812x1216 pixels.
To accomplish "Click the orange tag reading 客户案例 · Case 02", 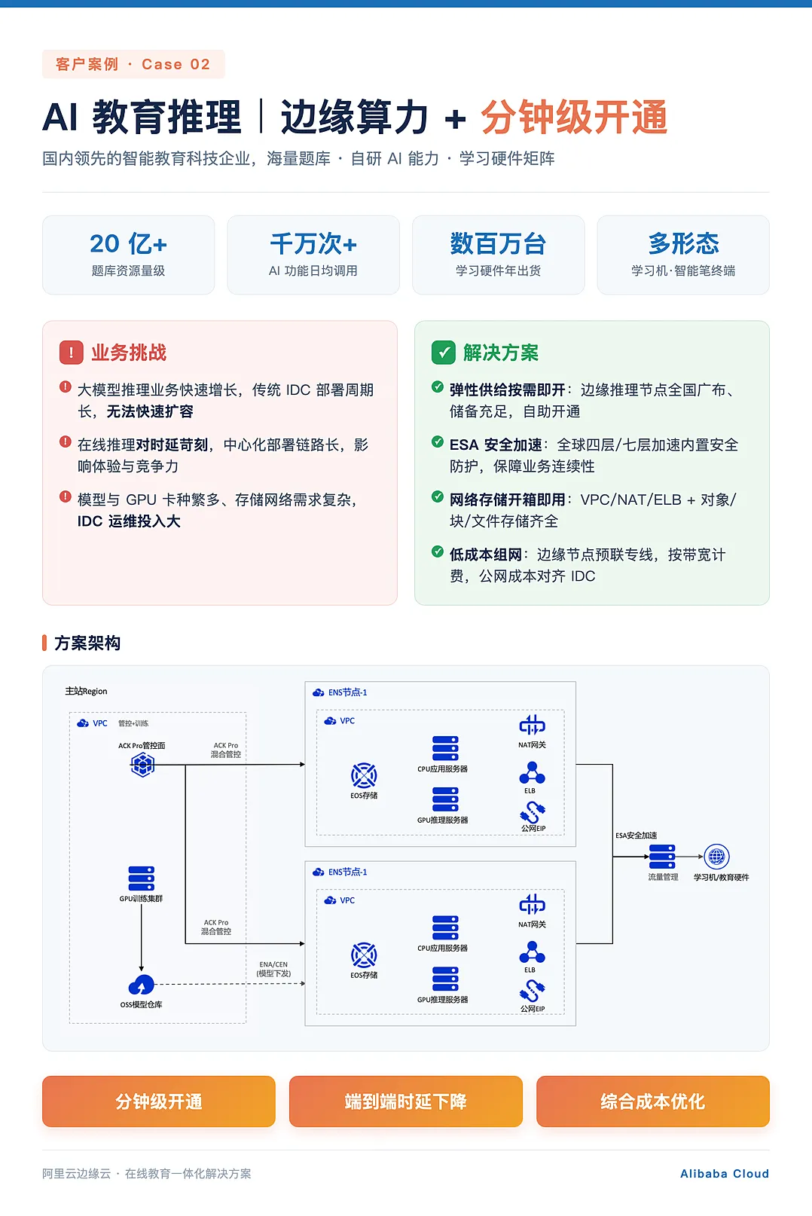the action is [x=133, y=64].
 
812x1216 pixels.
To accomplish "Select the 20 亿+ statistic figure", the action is [x=128, y=244].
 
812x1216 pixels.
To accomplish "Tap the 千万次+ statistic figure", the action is [x=313, y=244].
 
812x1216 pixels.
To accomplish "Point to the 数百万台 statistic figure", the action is [x=498, y=244].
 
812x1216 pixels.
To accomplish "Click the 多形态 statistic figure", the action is [x=683, y=244].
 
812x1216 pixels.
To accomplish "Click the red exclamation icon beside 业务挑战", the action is [x=71, y=353].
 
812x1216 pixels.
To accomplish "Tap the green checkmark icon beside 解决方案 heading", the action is [x=444, y=353].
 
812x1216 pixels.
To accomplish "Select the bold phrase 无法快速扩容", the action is [x=150, y=411].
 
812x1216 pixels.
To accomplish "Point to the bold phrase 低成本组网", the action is [x=485, y=555].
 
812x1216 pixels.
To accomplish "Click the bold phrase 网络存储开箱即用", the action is [x=507, y=500].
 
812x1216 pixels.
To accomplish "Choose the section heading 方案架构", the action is [x=87, y=643].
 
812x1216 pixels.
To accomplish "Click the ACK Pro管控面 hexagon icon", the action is [x=142, y=765].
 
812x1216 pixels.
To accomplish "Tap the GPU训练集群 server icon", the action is [x=141, y=878].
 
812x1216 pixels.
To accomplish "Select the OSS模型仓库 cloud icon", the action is [x=141, y=985].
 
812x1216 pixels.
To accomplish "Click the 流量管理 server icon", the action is [x=662, y=857].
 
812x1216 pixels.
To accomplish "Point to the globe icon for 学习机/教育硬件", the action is [x=716, y=857].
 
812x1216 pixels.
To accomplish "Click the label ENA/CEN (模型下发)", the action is [x=273, y=969].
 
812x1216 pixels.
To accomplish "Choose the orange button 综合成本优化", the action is [x=653, y=1101].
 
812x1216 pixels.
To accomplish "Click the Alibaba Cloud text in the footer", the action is [x=725, y=1174].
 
